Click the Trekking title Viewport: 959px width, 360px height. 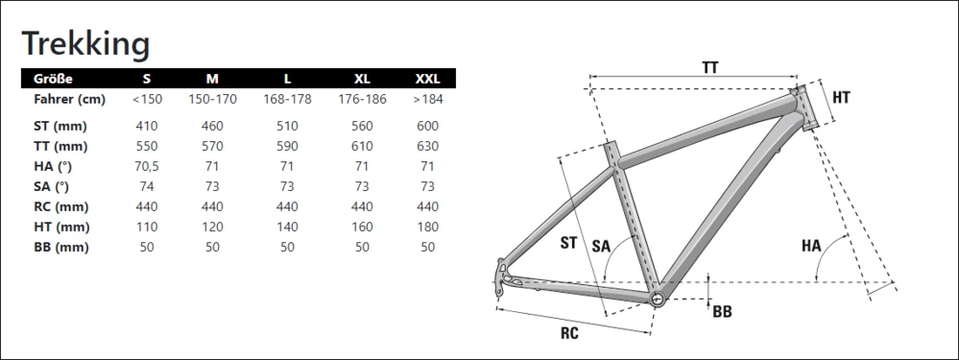click(85, 44)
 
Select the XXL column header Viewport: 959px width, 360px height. click(427, 79)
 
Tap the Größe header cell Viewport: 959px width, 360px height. click(53, 79)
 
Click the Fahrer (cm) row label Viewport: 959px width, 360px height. click(70, 99)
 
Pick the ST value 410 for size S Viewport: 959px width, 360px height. click(147, 126)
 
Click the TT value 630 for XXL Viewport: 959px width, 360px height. click(427, 146)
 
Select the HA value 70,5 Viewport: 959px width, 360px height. click(147, 166)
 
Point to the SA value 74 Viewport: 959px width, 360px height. click(147, 186)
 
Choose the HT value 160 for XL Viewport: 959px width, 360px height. click(362, 227)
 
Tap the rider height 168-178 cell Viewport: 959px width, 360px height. click(287, 99)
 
